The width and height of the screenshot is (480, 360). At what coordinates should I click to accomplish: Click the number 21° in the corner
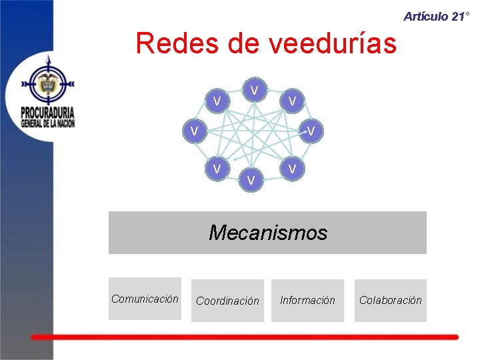pyautogui.click(x=461, y=17)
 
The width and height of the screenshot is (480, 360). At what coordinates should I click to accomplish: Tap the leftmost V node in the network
pyautogui.click(x=193, y=131)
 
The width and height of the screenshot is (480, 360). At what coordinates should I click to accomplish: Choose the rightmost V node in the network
pyautogui.click(x=311, y=131)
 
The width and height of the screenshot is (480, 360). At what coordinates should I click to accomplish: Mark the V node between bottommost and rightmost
pyautogui.click(x=291, y=169)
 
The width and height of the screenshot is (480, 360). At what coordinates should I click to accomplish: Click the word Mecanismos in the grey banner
pyautogui.click(x=267, y=233)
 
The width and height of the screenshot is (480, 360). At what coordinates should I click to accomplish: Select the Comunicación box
pyautogui.click(x=145, y=299)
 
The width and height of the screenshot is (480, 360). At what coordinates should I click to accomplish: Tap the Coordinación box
pyautogui.click(x=227, y=301)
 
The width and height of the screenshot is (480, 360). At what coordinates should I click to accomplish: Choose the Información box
pyautogui.click(x=307, y=301)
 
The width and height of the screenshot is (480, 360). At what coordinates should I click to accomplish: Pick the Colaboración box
pyautogui.click(x=390, y=301)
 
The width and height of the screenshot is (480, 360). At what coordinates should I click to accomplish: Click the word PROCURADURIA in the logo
pyautogui.click(x=47, y=111)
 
